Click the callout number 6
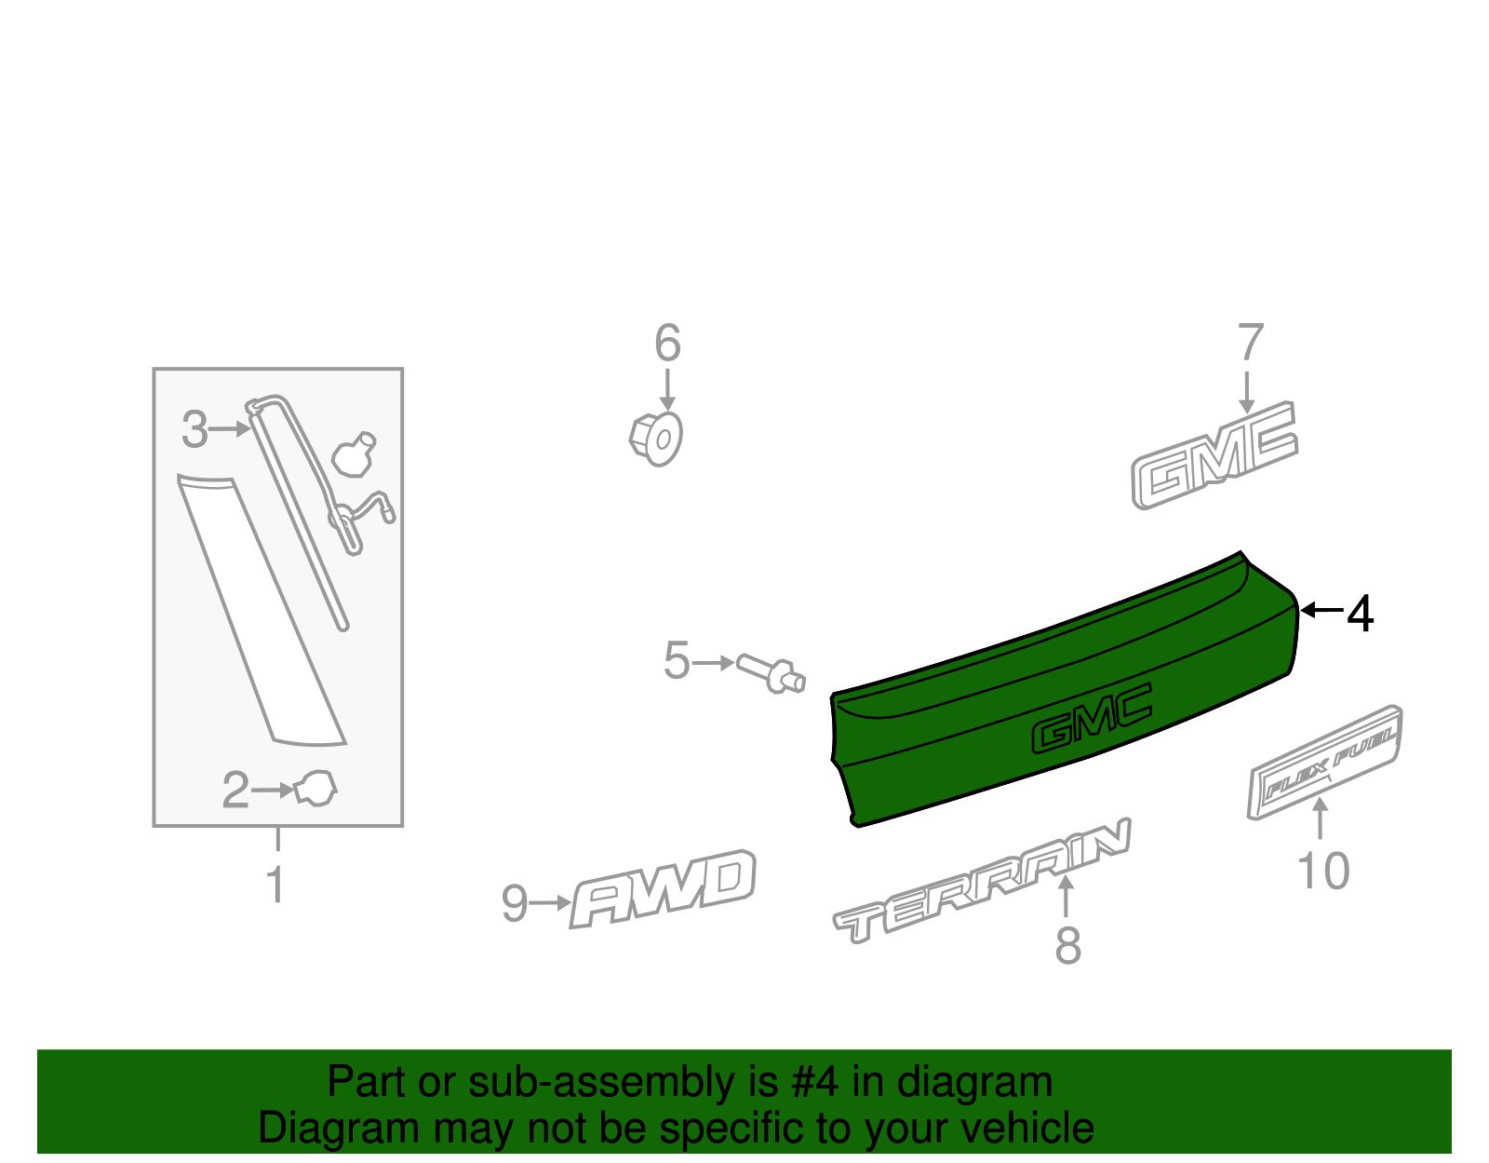pos(667,343)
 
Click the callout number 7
pos(1251,343)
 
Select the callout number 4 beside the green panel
pos(1361,614)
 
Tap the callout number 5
pos(677,661)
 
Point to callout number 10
pos(1323,871)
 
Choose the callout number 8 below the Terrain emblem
pos(1067,946)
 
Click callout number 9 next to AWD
pos(515,903)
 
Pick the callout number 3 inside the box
pos(195,429)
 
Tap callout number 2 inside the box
pos(235,791)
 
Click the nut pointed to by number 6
pos(656,440)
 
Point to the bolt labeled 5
pos(771,674)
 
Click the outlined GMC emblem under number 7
pos(1214,455)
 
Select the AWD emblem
pos(663,889)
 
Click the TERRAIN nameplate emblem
pos(981,881)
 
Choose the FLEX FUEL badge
pos(1324,763)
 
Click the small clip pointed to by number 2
pos(315,789)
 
